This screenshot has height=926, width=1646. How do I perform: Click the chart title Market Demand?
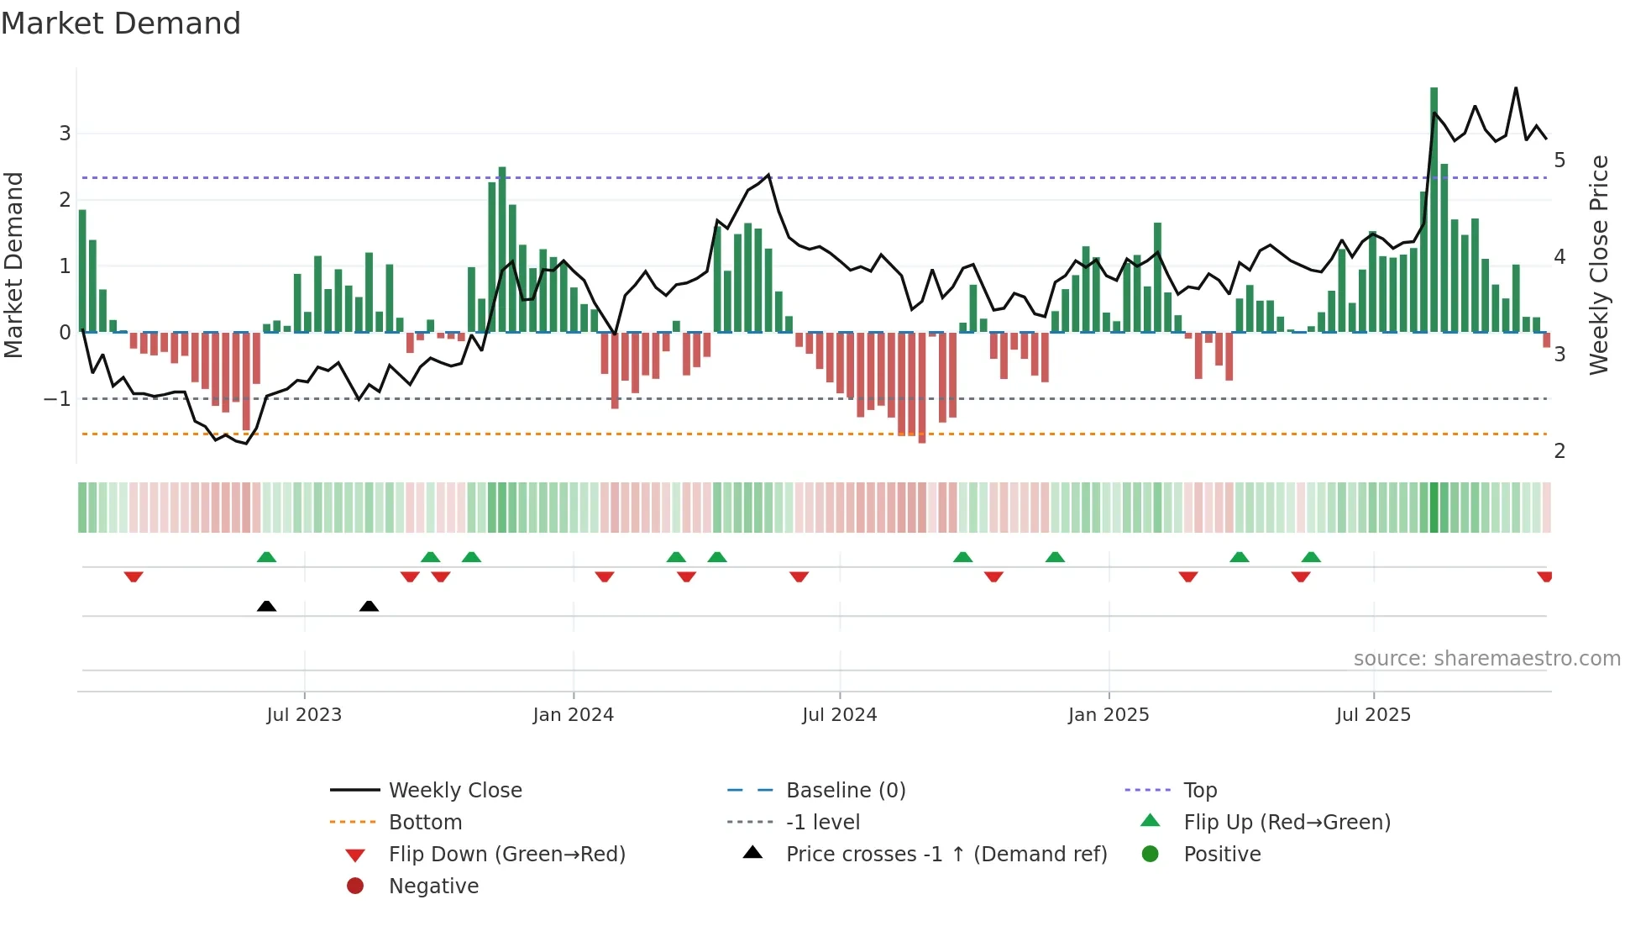tap(121, 24)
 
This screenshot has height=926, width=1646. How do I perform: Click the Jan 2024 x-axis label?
tap(573, 715)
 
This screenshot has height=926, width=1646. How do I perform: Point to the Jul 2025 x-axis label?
tap(1373, 715)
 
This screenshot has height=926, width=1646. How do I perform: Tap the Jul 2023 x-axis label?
tap(304, 715)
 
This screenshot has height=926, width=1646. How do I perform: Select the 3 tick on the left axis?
tap(65, 133)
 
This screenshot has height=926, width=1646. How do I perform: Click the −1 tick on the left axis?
tap(58, 398)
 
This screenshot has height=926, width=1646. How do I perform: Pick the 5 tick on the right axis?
tap(1560, 160)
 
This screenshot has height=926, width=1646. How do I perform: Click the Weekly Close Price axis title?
tap(1599, 265)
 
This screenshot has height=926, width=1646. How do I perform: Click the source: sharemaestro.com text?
tap(1486, 659)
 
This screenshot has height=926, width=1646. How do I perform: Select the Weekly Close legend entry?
tap(454, 791)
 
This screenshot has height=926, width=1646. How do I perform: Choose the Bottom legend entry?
tap(425, 823)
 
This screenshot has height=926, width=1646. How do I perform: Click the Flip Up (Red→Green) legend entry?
tap(1287, 823)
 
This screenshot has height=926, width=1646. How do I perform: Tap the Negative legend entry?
tap(433, 887)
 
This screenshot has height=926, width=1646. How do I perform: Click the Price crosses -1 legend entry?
tap(946, 855)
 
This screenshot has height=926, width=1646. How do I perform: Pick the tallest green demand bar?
tap(1434, 210)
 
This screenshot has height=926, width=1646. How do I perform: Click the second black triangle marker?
tap(369, 606)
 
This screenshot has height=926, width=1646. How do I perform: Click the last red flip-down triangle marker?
tap(1544, 576)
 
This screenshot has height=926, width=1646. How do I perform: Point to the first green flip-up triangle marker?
tap(266, 557)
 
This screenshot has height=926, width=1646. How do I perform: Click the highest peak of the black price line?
tap(1516, 88)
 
